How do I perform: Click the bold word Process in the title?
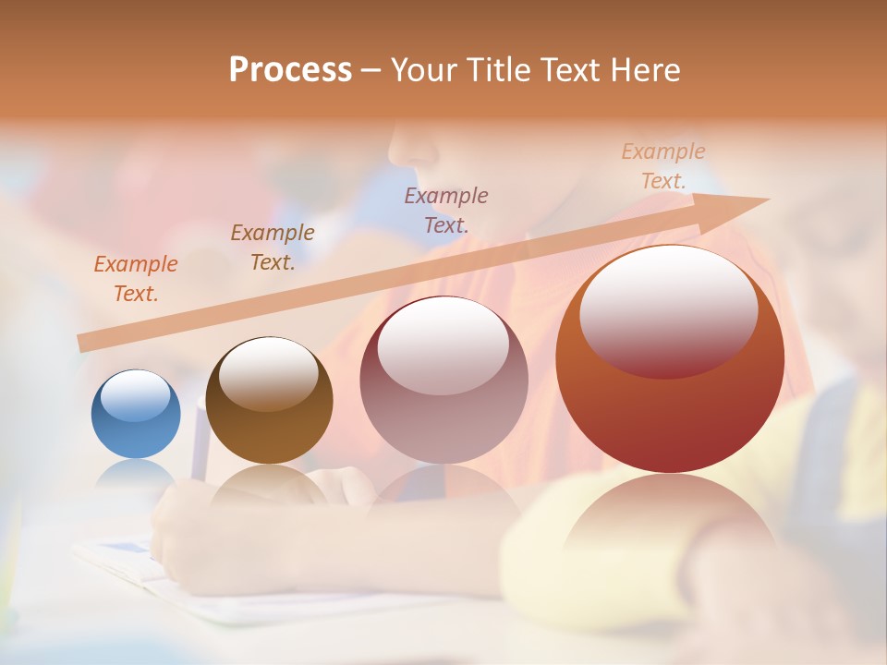(290, 70)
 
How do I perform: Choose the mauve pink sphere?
(443, 416)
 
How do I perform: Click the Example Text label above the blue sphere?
(136, 279)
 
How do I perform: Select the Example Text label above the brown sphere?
(273, 248)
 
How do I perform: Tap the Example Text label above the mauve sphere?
(446, 210)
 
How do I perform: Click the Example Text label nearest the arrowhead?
(663, 166)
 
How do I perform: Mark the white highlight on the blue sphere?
(135, 395)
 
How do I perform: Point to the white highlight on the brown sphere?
(269, 372)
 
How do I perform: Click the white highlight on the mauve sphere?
(443, 346)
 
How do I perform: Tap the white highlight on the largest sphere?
(668, 309)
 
